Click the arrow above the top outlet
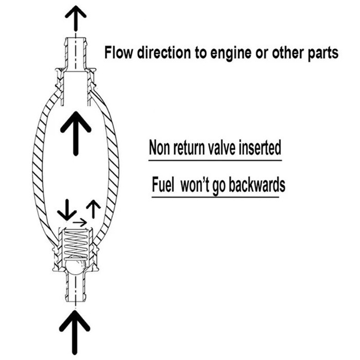click(x=75, y=20)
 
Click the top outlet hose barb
click(x=75, y=51)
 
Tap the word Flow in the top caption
click(x=118, y=52)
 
